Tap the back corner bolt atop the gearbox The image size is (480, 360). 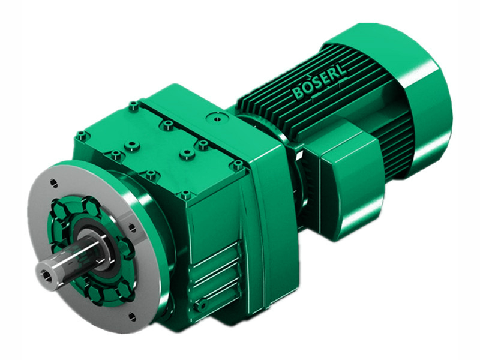click(133, 106)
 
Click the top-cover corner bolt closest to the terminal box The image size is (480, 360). click(238, 164)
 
